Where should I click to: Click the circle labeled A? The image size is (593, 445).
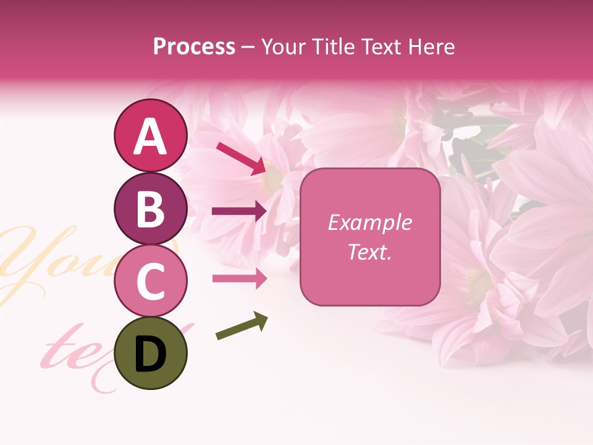click(150, 136)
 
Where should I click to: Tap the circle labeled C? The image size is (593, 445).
click(150, 281)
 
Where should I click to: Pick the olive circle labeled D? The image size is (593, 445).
click(150, 353)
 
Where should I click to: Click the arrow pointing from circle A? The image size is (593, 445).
click(241, 158)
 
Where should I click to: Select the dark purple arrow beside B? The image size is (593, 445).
click(239, 211)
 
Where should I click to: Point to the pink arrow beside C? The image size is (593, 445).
click(239, 279)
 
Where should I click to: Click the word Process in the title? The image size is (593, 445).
click(194, 46)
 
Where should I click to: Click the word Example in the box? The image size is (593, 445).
click(370, 222)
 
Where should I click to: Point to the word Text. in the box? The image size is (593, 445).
click(370, 252)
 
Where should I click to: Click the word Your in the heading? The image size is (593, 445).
click(285, 46)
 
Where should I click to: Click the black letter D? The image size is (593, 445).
click(150, 354)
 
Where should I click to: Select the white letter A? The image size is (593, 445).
click(150, 137)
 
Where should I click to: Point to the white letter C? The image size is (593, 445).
click(150, 281)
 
